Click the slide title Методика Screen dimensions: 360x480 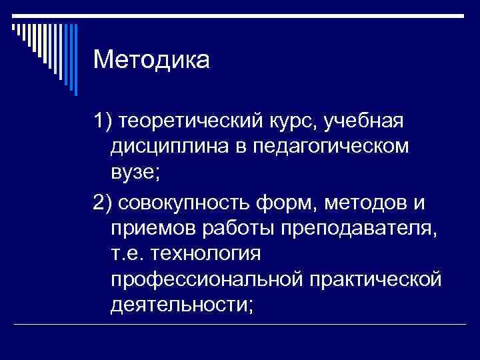[x=151, y=61]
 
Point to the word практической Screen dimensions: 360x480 [x=376, y=279]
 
